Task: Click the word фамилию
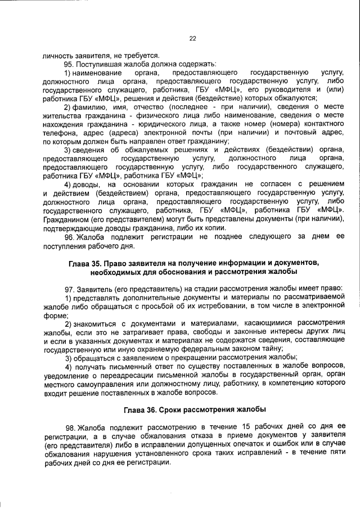pyautogui.click(x=91, y=107)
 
